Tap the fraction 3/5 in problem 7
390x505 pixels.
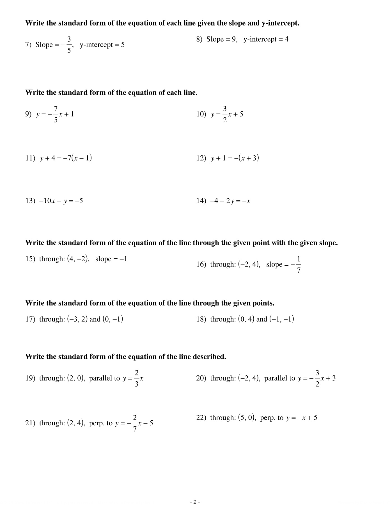[69, 45]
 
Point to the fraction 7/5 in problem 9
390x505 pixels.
[56, 114]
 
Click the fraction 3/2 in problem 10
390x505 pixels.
[225, 114]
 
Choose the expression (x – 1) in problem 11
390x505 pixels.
[82, 158]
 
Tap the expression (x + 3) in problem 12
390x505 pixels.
[248, 158]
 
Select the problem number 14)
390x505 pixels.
[201, 201]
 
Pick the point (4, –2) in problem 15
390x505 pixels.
[78, 259]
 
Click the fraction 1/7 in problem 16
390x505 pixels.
[299, 264]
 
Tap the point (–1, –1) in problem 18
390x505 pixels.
[281, 319]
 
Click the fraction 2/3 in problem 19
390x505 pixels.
[137, 378]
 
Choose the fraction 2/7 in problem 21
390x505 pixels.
[135, 423]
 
